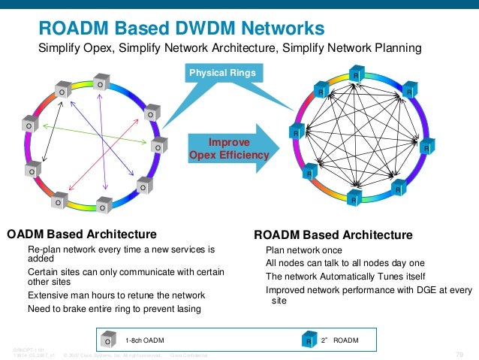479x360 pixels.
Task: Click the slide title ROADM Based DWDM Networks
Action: pos(182,29)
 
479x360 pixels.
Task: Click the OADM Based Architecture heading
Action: pos(82,234)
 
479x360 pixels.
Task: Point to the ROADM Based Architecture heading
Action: pos(333,235)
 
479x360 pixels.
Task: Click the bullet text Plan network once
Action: pos(304,250)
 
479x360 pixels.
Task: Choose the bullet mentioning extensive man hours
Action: pos(116,295)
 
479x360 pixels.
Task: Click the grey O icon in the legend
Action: pos(108,341)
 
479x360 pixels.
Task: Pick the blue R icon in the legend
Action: pos(309,341)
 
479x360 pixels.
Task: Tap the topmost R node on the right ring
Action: pos(357,76)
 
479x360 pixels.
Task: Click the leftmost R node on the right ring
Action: pos(296,134)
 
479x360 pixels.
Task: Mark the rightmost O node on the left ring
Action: pos(158,147)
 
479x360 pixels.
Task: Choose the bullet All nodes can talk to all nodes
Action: pos(345,262)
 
